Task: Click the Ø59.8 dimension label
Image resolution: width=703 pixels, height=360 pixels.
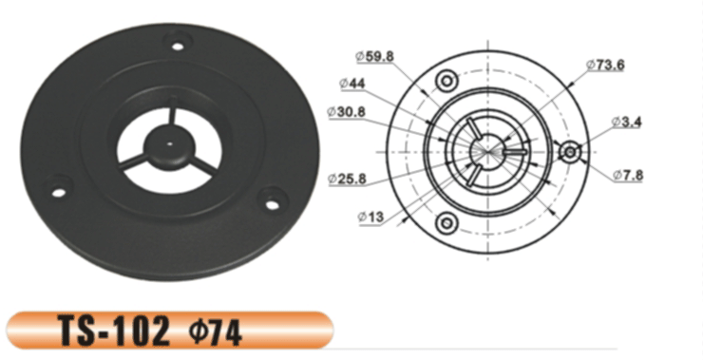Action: pyautogui.click(x=375, y=56)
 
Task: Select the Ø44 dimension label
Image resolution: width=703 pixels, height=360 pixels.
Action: pyautogui.click(x=352, y=84)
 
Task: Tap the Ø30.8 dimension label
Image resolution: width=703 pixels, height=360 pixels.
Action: pyautogui.click(x=346, y=112)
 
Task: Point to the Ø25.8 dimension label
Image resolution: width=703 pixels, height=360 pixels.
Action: pyautogui.click(x=347, y=179)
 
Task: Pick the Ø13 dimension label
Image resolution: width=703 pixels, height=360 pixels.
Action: pyautogui.click(x=370, y=217)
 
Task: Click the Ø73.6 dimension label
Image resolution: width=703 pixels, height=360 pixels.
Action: pyautogui.click(x=605, y=65)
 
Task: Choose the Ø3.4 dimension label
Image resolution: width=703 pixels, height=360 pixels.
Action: pyautogui.click(x=627, y=122)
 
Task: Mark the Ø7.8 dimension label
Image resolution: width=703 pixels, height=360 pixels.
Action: pyautogui.click(x=628, y=175)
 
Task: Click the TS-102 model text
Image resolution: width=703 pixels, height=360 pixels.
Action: pyautogui.click(x=114, y=331)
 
